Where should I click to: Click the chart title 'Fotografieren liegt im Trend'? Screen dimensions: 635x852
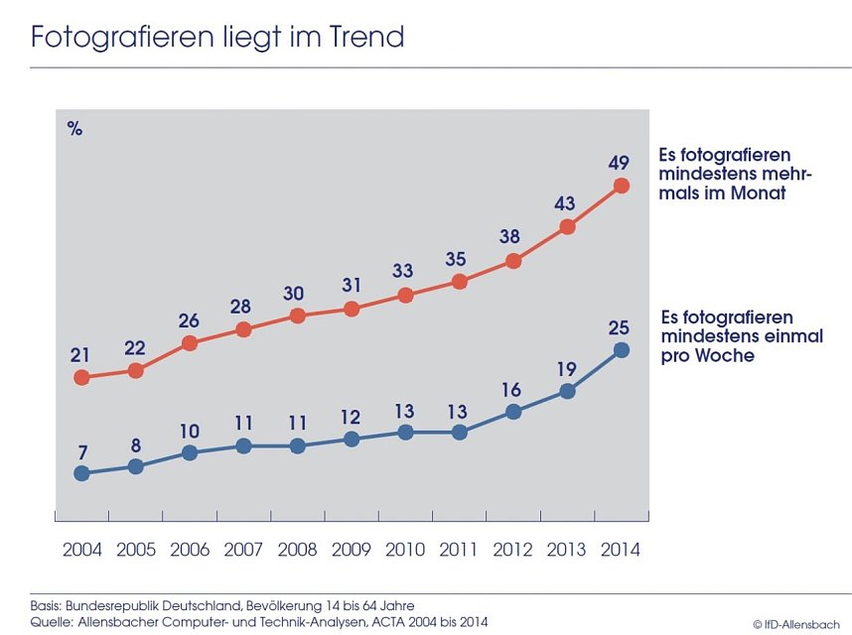point(217,37)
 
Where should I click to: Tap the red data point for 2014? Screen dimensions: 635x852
point(622,186)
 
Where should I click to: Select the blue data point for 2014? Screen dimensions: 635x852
point(622,349)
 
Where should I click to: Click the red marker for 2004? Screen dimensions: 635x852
point(82,377)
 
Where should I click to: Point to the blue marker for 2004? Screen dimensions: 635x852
point(82,473)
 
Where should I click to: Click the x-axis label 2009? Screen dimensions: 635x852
point(351,550)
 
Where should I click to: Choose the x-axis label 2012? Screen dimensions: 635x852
point(512,550)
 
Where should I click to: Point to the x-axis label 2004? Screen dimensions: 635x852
point(81,550)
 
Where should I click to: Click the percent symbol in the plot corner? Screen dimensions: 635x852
point(74,128)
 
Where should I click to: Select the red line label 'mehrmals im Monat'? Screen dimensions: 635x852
point(735,174)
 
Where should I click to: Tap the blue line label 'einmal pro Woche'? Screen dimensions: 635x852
point(742,336)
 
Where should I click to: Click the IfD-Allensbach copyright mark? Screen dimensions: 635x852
point(795,624)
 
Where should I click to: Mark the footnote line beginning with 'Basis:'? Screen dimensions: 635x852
point(221,605)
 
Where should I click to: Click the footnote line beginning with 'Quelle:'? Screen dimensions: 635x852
point(258,621)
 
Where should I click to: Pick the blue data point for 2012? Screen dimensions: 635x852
point(513,411)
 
